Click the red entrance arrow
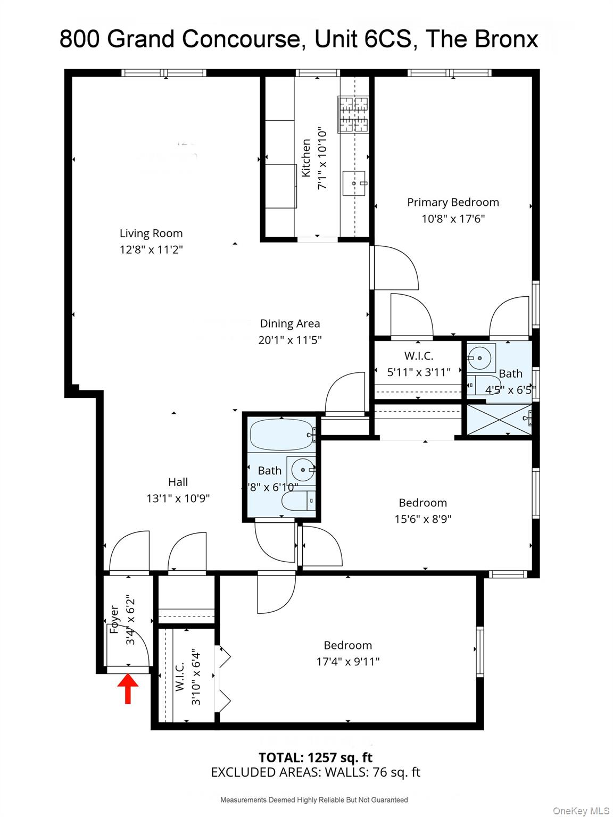pos(128,688)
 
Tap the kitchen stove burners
pos(353,114)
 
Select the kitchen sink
pos(354,184)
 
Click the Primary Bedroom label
pos(453,202)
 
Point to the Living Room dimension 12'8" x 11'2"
pos(151,249)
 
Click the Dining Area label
pos(290,323)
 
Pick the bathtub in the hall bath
pos(281,434)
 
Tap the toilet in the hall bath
pos(298,501)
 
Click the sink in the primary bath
pos(481,358)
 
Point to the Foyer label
pos(114,619)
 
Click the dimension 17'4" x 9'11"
pos(348,662)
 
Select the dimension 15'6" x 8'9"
pos(423,519)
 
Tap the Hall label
pos(178,482)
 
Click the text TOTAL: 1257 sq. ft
pos(315,757)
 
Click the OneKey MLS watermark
pos(581,811)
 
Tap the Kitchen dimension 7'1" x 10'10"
pos(322,158)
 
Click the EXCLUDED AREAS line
pos(315,772)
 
